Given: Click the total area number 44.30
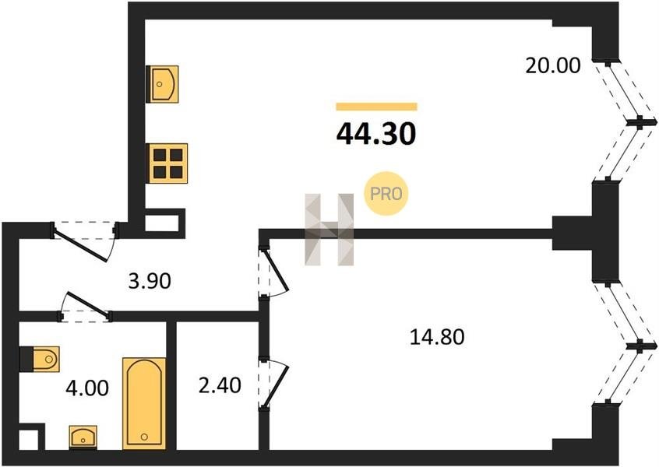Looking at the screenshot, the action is [x=376, y=135].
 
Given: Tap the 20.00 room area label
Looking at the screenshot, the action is [x=553, y=66].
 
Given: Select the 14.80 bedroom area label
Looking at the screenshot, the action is [x=437, y=337].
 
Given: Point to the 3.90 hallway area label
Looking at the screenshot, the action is [x=150, y=281].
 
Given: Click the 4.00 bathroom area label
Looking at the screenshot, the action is [x=87, y=388].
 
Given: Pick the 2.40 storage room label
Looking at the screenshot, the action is [x=220, y=385].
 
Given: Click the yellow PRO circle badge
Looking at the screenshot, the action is [x=386, y=194].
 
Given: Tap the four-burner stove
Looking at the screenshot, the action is [x=167, y=163].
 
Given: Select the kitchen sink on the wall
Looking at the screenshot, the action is [x=162, y=84].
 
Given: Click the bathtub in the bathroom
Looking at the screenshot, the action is [x=144, y=404].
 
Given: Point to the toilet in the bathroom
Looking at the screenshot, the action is [x=40, y=359].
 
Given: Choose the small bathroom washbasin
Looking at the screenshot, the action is [x=83, y=437].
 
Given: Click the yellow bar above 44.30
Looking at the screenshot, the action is [x=376, y=107].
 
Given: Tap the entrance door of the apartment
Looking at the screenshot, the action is [x=84, y=241].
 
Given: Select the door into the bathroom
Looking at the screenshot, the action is [x=85, y=307].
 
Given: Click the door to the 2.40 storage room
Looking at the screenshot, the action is [x=273, y=382].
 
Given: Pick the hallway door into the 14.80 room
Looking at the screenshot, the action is [x=273, y=272].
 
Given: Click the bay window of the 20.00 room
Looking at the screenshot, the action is [x=626, y=121].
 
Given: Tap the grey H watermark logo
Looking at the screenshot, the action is [x=329, y=230].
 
